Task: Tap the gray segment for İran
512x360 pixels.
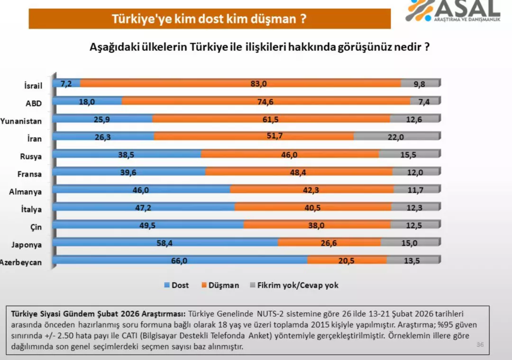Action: pyautogui.click(x=396, y=136)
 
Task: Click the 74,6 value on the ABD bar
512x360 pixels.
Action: pyautogui.click(x=266, y=101)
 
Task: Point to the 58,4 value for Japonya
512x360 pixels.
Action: pyautogui.click(x=165, y=243)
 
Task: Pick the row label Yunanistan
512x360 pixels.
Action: pyautogui.click(x=21, y=121)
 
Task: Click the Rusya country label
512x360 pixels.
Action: pyautogui.click(x=31, y=157)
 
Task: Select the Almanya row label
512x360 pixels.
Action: pyautogui.click(x=26, y=192)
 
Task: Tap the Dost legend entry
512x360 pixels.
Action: pyautogui.click(x=176, y=285)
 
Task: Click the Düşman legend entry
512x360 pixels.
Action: pyautogui.click(x=220, y=285)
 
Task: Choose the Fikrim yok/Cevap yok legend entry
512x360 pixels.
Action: pyautogui.click(x=293, y=285)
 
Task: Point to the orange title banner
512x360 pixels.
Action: pyautogui.click(x=209, y=19)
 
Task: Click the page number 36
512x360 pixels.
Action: pyautogui.click(x=480, y=344)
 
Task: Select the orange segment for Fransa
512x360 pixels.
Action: pyautogui.click(x=299, y=172)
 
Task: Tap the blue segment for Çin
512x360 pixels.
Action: pyautogui.click(x=148, y=225)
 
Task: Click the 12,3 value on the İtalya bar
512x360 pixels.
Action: pyautogui.click(x=414, y=207)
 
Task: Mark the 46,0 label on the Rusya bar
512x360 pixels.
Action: pyautogui.click(x=290, y=154)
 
